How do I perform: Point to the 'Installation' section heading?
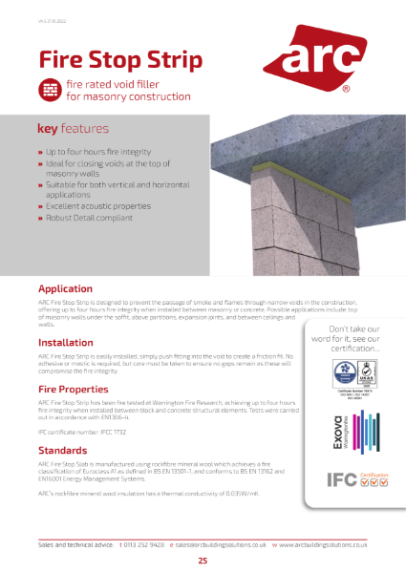point(65,342)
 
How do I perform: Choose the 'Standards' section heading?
point(62,450)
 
